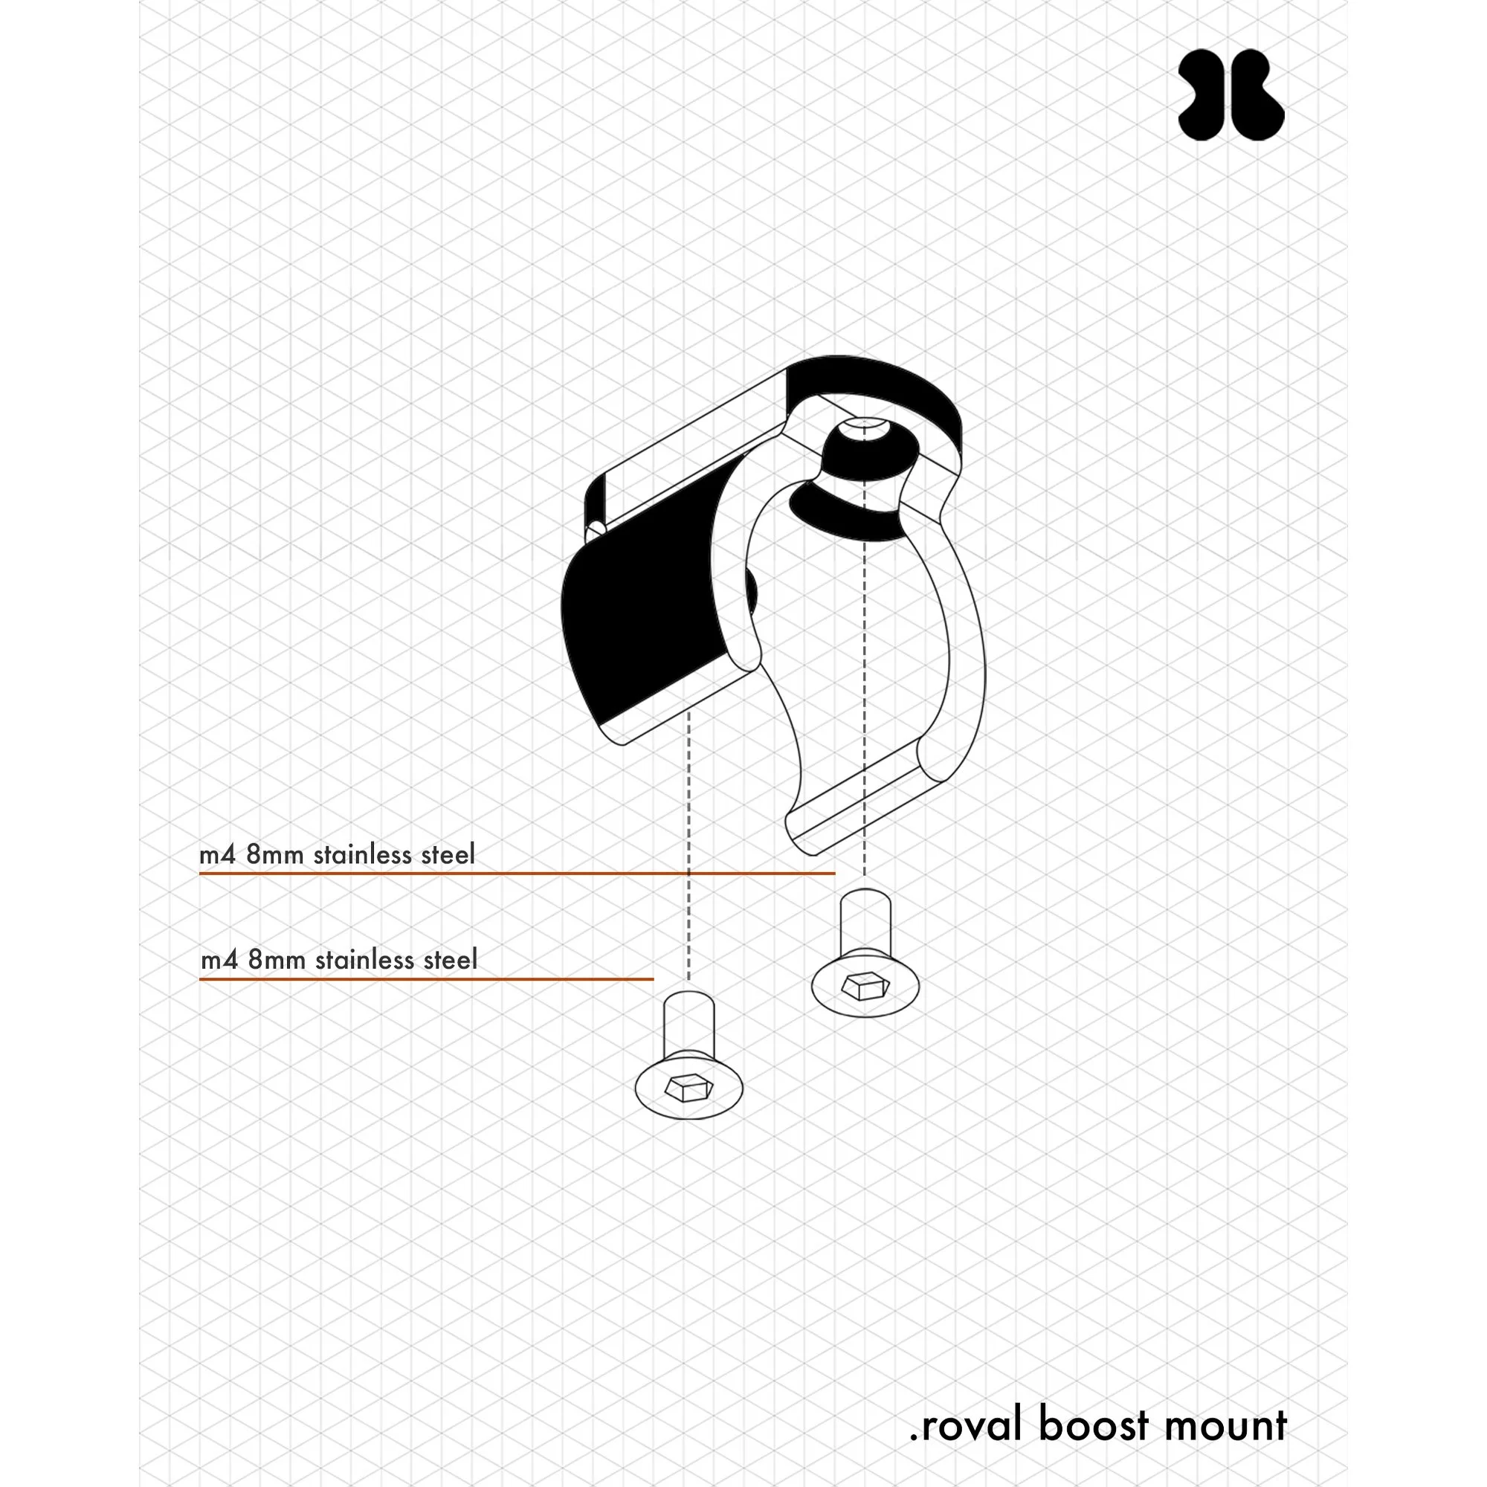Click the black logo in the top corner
(1230, 95)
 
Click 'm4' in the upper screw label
(218, 854)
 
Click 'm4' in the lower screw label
(219, 960)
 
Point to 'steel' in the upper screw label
(449, 854)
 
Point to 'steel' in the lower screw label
(451, 960)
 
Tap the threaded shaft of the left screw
(689, 1024)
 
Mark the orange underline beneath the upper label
(516, 874)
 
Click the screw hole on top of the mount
(862, 425)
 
